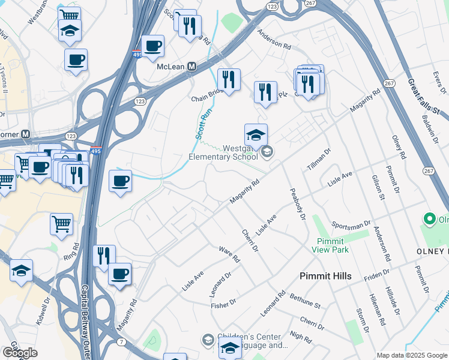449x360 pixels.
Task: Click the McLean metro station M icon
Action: click(x=192, y=67)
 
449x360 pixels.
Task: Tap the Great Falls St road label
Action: click(x=423, y=97)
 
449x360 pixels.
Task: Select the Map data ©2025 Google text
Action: click(x=411, y=355)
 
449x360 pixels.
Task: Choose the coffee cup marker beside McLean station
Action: click(x=152, y=46)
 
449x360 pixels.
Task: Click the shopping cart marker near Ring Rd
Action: click(x=62, y=225)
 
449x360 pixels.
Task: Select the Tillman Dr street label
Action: click(x=318, y=160)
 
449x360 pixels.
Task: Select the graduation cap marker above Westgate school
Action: click(x=256, y=135)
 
